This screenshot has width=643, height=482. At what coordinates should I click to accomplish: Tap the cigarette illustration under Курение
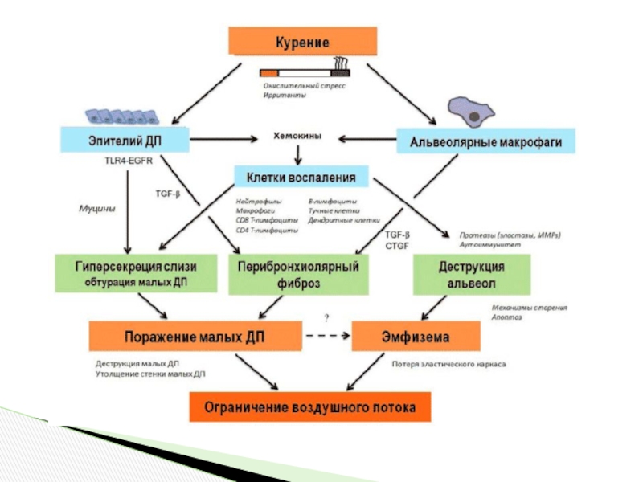coord(301,71)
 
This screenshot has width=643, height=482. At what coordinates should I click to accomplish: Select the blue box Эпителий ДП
coord(124,140)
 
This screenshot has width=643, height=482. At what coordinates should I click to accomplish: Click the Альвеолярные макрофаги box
coord(486,142)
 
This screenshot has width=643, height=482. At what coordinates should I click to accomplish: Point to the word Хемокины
coord(298,137)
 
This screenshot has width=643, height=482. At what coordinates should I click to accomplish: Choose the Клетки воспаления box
coord(301,176)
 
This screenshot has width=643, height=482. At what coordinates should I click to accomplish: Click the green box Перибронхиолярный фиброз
coord(298,273)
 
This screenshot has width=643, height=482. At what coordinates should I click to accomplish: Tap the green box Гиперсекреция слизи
coord(136,273)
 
